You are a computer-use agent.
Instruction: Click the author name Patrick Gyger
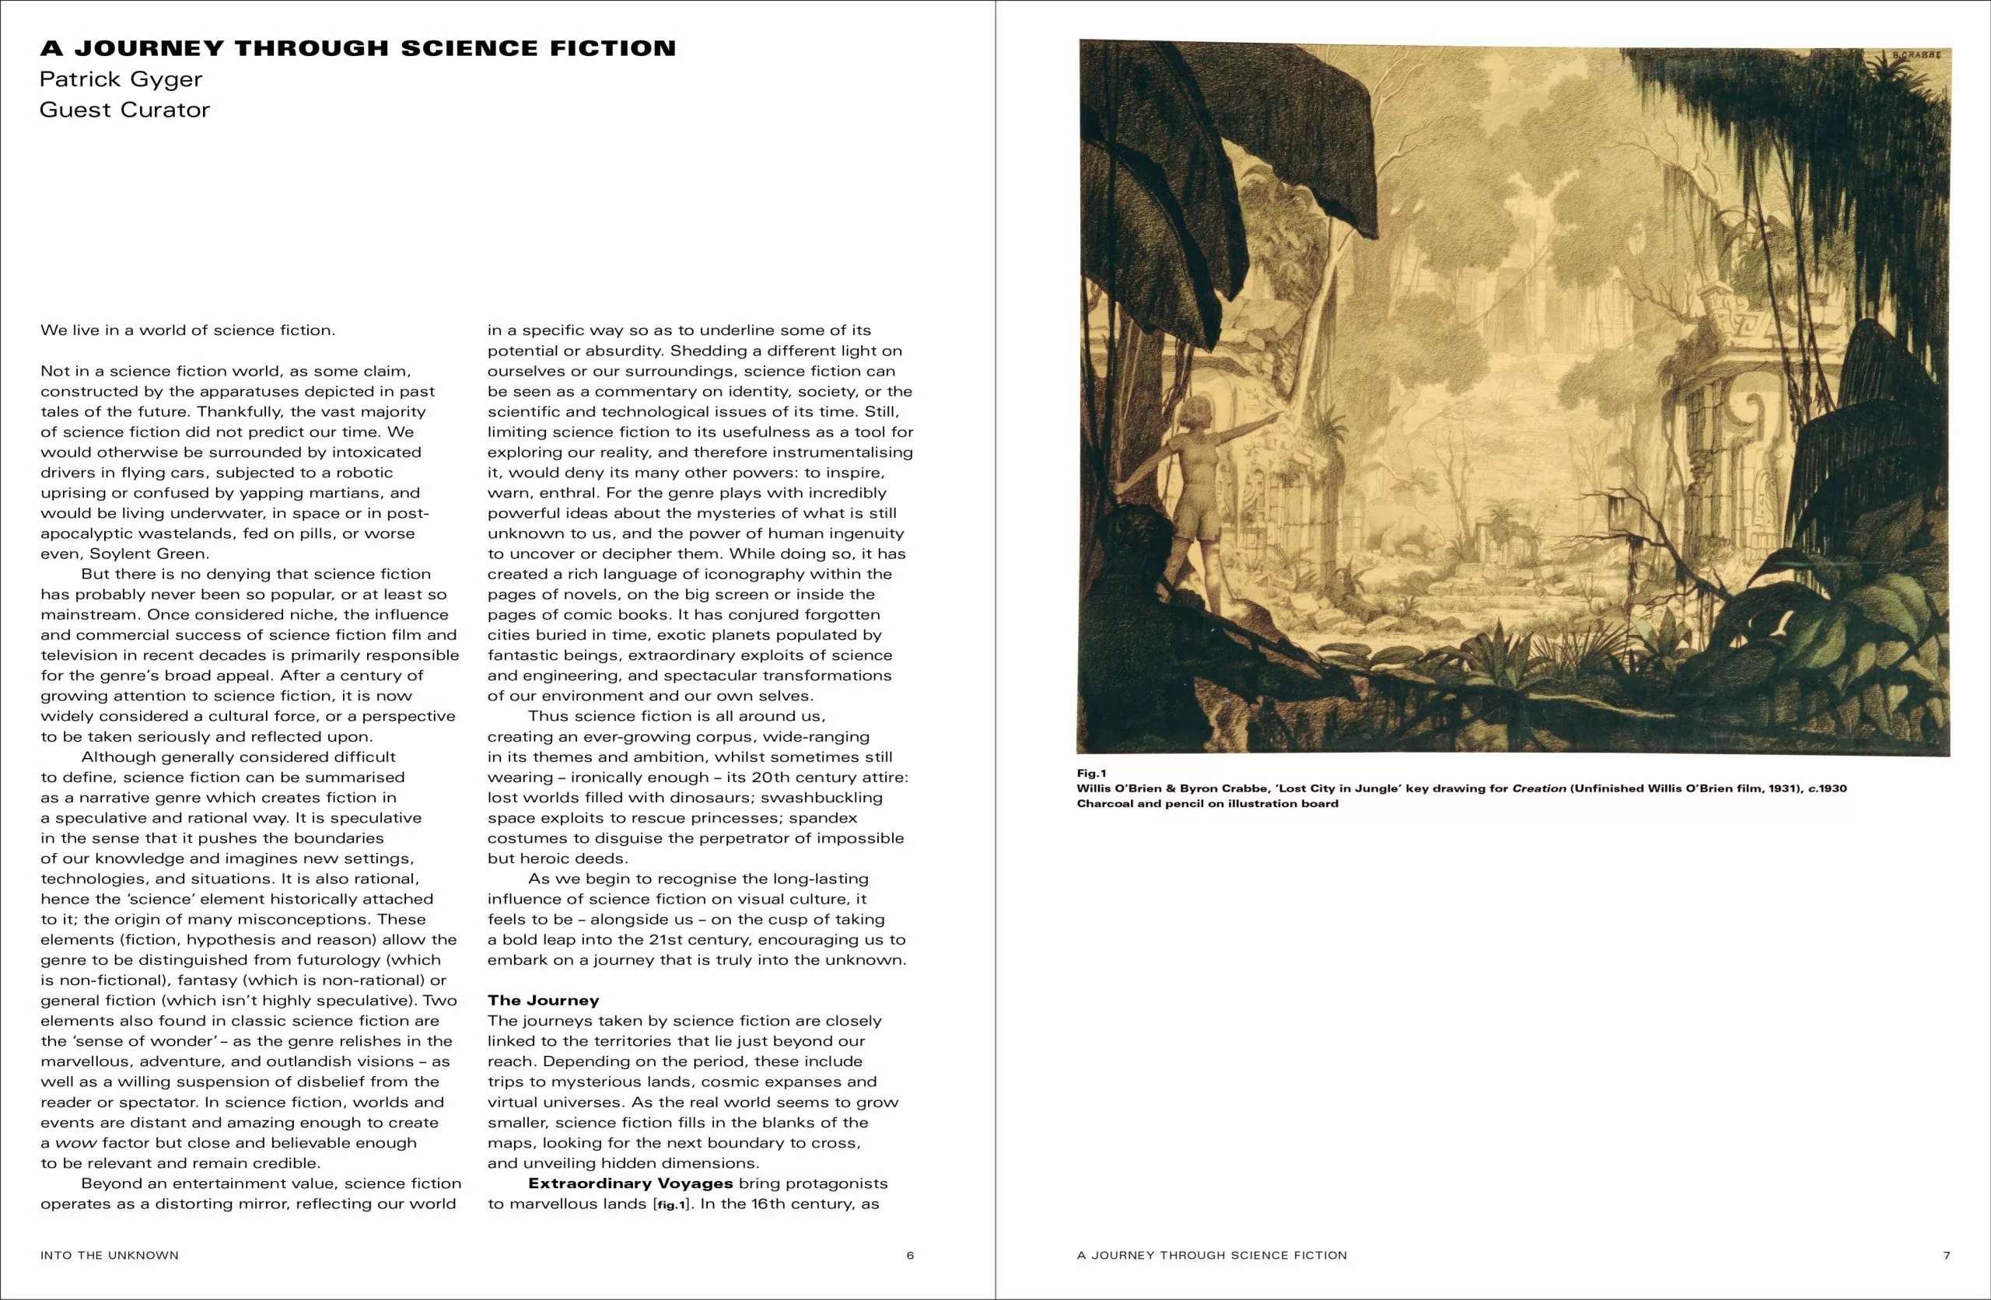[121, 79]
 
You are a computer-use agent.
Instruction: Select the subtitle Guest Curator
[124, 110]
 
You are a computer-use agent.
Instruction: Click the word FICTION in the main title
[612, 48]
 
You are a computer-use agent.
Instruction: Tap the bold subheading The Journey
[543, 1001]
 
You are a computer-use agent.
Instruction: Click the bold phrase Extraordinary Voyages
[630, 1183]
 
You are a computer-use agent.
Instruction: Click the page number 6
[910, 1255]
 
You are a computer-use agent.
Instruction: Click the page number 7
[1947, 1255]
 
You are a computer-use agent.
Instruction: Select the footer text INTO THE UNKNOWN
[110, 1255]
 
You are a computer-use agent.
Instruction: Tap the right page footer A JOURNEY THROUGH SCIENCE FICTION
[1212, 1255]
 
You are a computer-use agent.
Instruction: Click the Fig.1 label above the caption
[1091, 773]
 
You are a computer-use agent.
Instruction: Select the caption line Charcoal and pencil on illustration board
[1207, 803]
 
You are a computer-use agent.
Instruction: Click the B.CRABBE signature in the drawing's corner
[1916, 54]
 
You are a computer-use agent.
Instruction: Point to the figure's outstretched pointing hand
[1275, 414]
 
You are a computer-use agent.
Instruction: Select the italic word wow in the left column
[75, 1143]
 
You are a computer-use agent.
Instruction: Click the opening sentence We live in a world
[187, 330]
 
